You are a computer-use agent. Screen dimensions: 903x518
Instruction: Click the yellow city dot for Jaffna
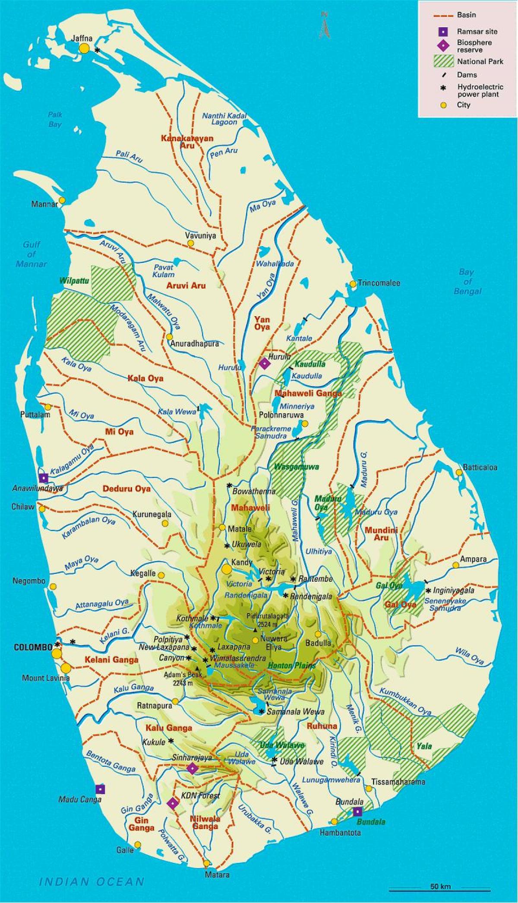[84, 48]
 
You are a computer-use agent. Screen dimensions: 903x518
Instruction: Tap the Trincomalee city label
[379, 283]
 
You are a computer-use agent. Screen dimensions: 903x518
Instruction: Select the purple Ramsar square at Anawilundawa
[43, 478]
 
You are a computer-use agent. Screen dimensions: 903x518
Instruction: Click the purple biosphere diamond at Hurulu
[264, 364]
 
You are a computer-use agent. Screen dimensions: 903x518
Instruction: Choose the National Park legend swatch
[444, 61]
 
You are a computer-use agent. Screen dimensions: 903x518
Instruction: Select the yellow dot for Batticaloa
[459, 472]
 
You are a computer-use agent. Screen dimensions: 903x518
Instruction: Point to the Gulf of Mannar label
[31, 254]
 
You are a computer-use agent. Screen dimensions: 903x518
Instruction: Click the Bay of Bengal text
[467, 282]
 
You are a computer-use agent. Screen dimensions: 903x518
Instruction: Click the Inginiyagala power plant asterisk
[428, 590]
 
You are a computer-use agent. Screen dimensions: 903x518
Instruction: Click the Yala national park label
[424, 745]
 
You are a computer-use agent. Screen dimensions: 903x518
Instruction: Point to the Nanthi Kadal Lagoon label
[224, 119]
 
